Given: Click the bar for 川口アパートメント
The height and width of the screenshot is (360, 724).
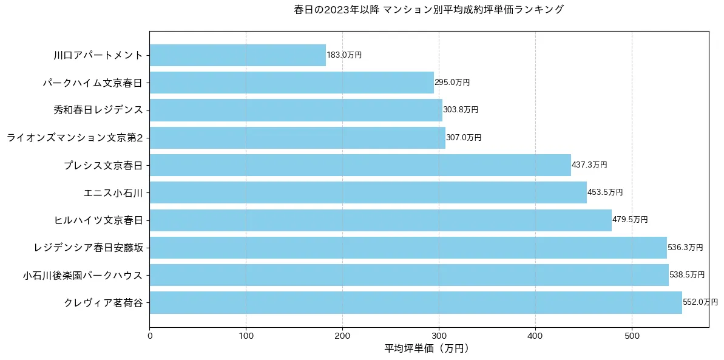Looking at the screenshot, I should click(x=237, y=55).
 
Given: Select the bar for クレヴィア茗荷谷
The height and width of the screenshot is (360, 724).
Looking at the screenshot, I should click(x=416, y=302).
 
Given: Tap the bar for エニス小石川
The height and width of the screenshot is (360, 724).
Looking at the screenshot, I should click(x=368, y=192).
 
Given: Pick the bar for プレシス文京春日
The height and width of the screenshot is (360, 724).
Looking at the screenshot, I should click(x=360, y=165).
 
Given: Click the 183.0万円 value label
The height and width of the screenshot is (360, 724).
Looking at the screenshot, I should click(x=344, y=55).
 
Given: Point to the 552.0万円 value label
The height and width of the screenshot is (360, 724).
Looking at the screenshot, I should click(x=700, y=302).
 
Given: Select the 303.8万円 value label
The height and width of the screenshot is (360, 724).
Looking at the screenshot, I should click(x=461, y=110).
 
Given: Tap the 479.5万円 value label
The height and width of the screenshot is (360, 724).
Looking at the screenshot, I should click(x=630, y=220).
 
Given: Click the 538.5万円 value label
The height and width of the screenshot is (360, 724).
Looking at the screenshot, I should click(x=687, y=275).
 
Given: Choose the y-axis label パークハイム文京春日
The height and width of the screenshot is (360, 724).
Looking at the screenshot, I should click(x=93, y=83).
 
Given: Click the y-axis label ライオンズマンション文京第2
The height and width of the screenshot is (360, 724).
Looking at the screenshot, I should click(x=75, y=138).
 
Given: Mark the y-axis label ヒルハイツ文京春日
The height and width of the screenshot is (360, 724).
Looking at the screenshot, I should click(x=98, y=220).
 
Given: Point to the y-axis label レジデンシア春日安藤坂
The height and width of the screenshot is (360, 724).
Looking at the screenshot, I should click(x=89, y=248).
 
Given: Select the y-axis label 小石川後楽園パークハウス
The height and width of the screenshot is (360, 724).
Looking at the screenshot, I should click(x=83, y=275).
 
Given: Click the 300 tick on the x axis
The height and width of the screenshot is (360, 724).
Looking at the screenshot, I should click(x=439, y=335).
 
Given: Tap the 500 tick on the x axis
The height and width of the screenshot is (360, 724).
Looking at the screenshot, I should click(x=632, y=335).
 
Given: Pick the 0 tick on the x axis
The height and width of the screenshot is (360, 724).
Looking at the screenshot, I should click(x=149, y=335).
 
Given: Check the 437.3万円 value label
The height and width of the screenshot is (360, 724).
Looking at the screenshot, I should click(x=589, y=165).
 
